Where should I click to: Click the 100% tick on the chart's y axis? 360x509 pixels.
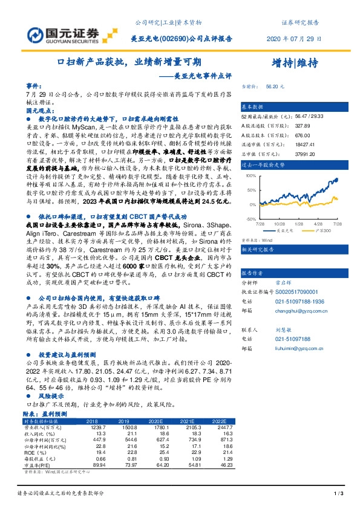[x=248, y=175]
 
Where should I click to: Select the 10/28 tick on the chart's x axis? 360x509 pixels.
[x=280, y=223]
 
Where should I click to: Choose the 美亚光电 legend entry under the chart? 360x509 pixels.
[x=283, y=230]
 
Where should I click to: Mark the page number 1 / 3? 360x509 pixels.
[x=339, y=494]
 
